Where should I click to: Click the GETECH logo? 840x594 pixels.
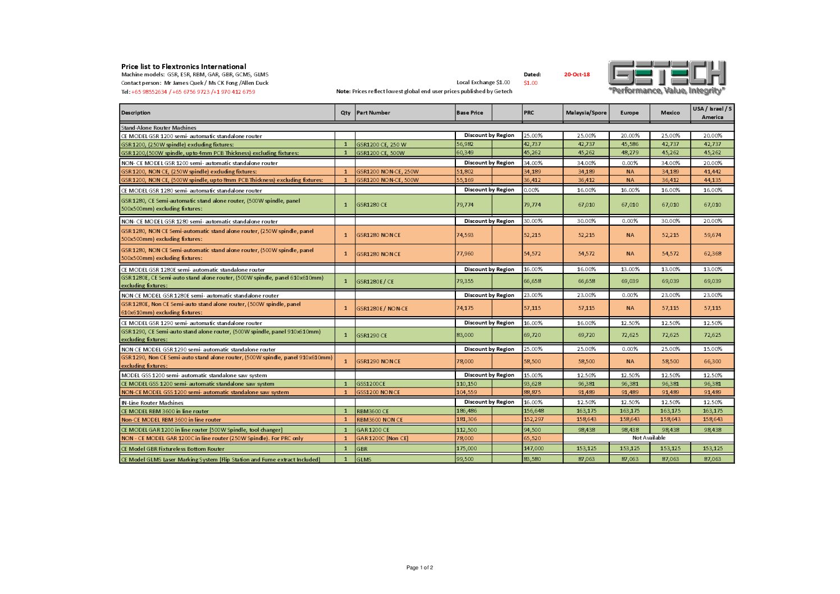point(667,77)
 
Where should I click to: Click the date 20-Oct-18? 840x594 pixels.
point(577,74)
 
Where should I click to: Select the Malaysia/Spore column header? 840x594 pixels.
point(586,113)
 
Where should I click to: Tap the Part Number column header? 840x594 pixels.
point(373,113)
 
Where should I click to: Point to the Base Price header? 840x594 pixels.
point(470,113)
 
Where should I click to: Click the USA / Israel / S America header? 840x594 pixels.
point(712,113)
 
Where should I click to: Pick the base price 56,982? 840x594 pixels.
point(465,144)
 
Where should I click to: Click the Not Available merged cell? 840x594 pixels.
point(649,438)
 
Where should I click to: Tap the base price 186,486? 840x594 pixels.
point(467,411)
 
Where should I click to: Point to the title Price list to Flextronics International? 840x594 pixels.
point(184,67)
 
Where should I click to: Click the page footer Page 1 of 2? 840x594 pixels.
point(419,568)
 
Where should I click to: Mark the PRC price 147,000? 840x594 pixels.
point(533,449)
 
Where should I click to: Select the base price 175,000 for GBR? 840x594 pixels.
point(467,449)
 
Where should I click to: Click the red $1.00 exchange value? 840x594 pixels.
point(531,83)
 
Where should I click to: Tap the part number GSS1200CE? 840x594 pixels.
point(371,384)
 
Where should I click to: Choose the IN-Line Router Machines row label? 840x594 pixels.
point(152,403)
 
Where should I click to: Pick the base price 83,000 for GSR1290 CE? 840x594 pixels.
point(465,335)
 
